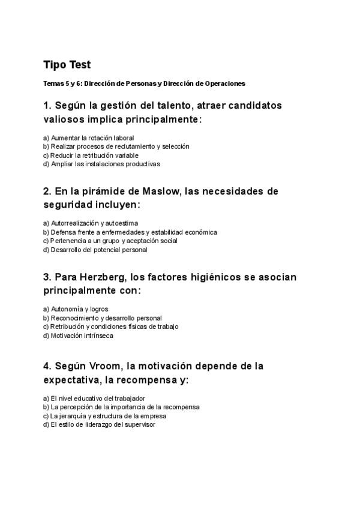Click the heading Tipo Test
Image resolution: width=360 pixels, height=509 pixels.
tap(67, 64)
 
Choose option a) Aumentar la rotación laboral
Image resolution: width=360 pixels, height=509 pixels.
tap(88, 137)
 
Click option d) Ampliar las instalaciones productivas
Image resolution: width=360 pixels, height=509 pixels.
tap(101, 163)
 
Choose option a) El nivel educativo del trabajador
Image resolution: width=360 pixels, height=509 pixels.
tap(94, 398)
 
